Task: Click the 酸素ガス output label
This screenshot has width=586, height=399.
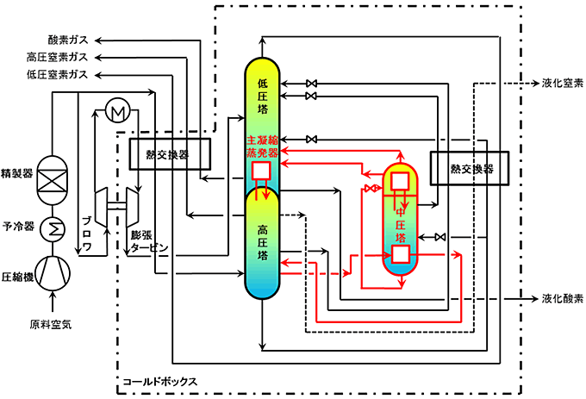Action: [x=70, y=41]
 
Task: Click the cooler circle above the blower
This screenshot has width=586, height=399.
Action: [x=115, y=109]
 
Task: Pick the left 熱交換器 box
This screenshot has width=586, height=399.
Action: [x=168, y=155]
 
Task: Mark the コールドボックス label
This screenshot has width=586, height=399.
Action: [x=160, y=380]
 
